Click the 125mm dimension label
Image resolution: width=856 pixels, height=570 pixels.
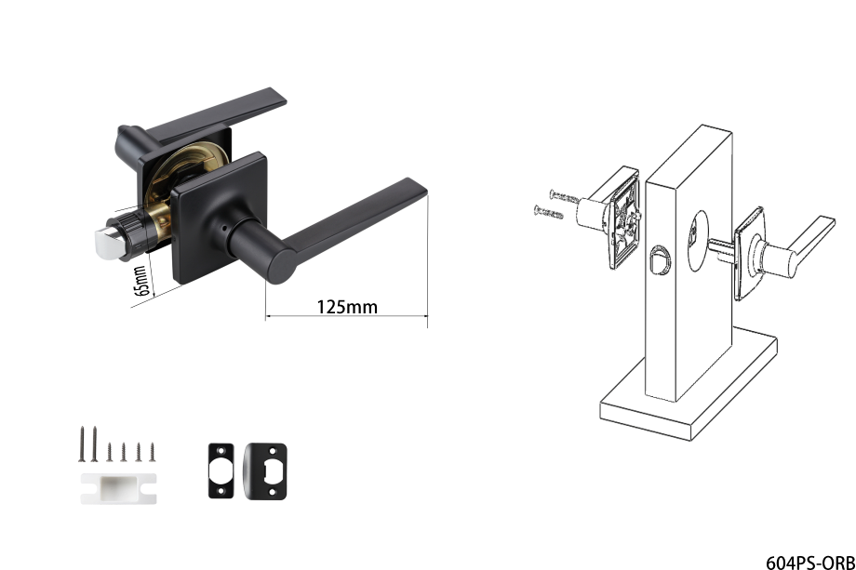point(347,307)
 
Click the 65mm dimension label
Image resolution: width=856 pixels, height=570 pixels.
point(140,281)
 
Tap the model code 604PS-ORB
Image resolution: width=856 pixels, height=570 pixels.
point(810,563)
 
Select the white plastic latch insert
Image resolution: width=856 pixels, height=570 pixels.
point(118,488)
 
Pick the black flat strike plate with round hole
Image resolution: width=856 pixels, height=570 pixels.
point(221,471)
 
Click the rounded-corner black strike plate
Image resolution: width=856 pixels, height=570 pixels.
point(265,471)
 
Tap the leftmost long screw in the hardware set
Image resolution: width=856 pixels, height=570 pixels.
point(82,444)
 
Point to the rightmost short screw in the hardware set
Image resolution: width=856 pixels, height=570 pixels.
point(153,452)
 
